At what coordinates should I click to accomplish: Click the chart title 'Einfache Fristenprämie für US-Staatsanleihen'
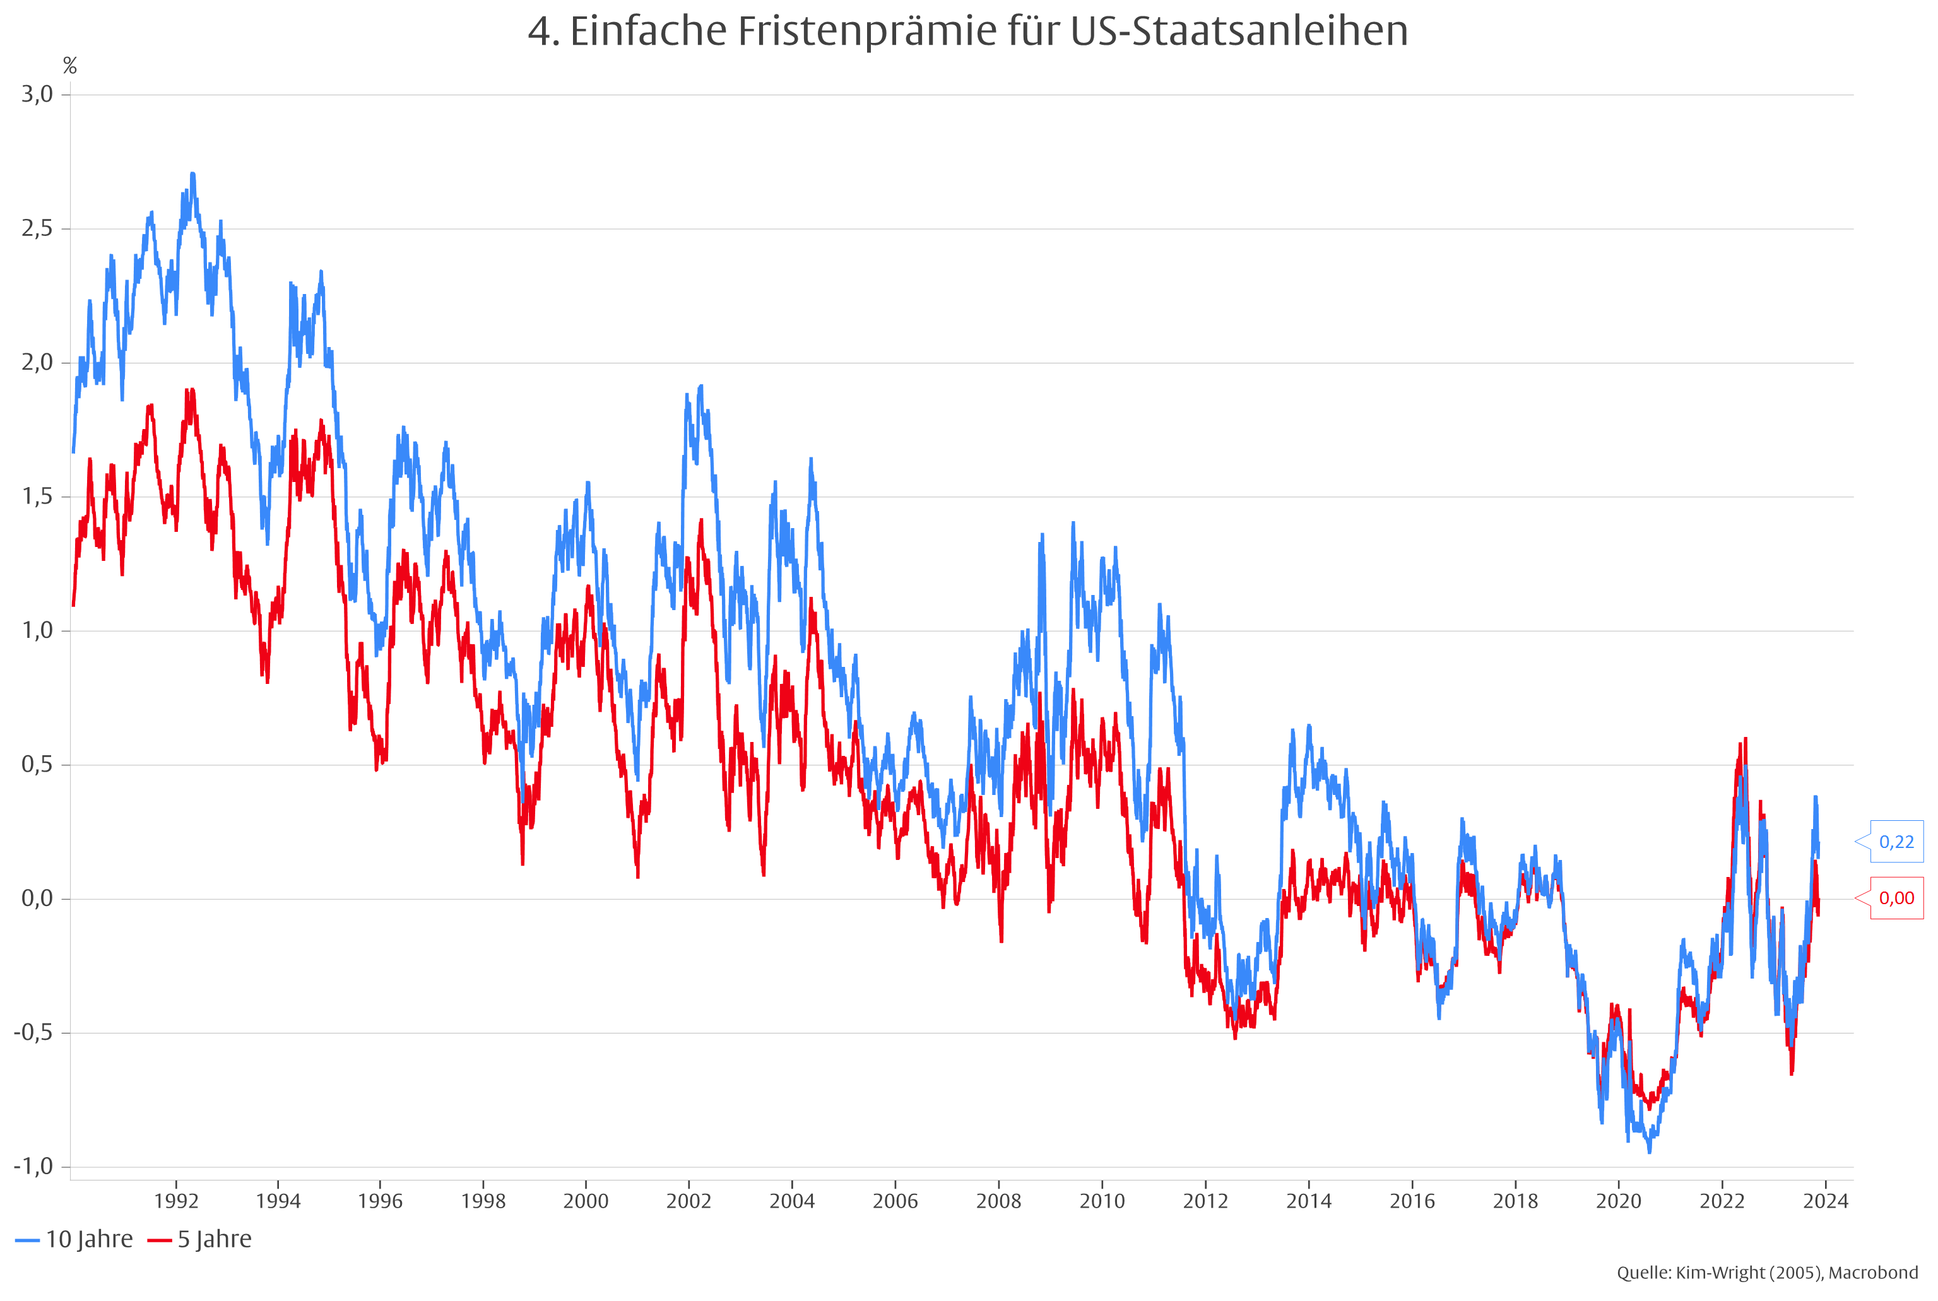click(x=967, y=32)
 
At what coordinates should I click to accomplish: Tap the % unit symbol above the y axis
click(x=69, y=66)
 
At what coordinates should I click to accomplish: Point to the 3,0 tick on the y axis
click(x=37, y=94)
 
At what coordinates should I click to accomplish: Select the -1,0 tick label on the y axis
click(x=33, y=1166)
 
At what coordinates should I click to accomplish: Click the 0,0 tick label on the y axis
click(x=37, y=898)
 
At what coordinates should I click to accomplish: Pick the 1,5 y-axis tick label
click(x=37, y=496)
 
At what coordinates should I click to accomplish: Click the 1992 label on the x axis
click(x=176, y=1201)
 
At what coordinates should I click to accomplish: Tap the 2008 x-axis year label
click(x=998, y=1201)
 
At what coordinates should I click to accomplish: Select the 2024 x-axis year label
click(x=1825, y=1201)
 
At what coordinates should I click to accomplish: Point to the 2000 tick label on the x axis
click(x=586, y=1201)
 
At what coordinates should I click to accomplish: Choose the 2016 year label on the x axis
click(x=1412, y=1201)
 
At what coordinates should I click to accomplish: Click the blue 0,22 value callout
click(x=1896, y=841)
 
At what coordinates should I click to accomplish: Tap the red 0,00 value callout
click(x=1896, y=898)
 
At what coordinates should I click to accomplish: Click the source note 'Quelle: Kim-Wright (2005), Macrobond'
click(x=1767, y=1273)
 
